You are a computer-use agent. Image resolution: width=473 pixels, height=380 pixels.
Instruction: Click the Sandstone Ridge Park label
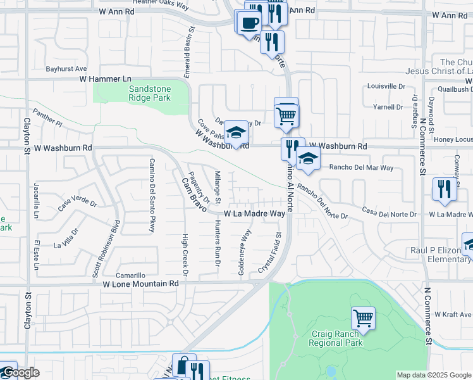click(150, 94)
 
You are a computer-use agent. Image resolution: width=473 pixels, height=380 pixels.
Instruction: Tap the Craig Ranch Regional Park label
click(336, 338)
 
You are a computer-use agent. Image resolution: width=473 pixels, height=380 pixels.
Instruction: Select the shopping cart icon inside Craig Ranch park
click(363, 317)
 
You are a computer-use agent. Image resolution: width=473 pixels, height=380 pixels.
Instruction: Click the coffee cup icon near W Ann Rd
click(249, 23)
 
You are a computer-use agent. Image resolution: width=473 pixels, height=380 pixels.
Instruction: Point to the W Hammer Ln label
click(100, 79)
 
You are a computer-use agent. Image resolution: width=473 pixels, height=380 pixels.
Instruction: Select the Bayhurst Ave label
click(66, 68)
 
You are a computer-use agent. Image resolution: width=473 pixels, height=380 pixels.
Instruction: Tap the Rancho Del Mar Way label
click(361, 168)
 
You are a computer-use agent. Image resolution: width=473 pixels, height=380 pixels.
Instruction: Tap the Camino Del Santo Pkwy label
click(152, 194)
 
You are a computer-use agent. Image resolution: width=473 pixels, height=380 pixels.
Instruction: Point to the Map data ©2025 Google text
click(434, 375)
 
